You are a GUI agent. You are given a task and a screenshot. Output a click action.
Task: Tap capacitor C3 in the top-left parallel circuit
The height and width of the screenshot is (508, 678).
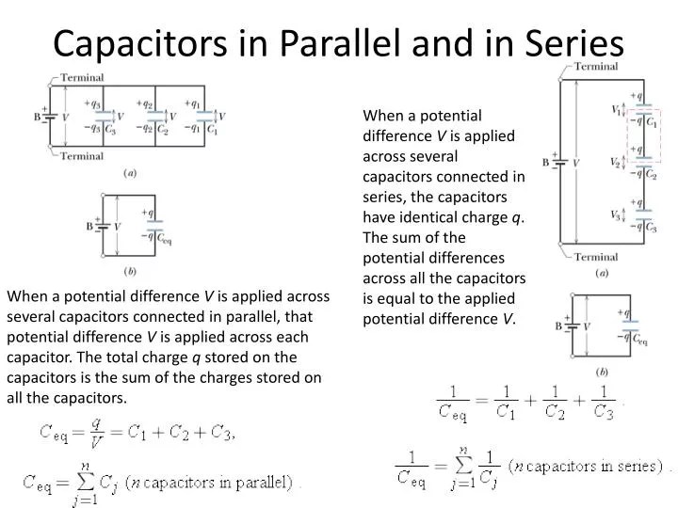[x=105, y=118]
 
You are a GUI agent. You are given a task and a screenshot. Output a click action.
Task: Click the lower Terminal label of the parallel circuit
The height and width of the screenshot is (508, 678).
[x=83, y=156]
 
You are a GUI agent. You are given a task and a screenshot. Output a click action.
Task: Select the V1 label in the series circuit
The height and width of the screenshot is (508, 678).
[x=616, y=110]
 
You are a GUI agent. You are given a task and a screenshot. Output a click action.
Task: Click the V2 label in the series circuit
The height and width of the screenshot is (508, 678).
[x=615, y=163]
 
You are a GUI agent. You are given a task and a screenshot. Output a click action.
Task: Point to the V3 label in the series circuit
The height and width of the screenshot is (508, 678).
[x=615, y=215]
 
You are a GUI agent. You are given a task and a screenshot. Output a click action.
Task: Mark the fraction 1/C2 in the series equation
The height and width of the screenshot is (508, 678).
[x=557, y=402]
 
